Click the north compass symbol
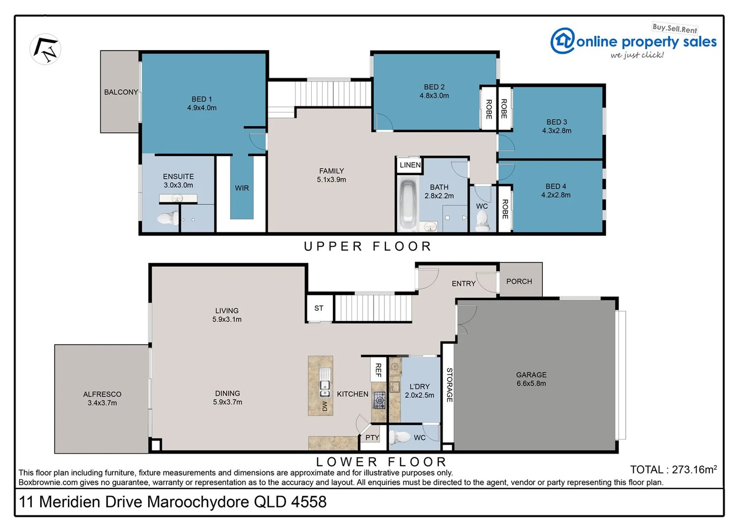pyautogui.click(x=45, y=49)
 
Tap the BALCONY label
pyautogui.click(x=121, y=92)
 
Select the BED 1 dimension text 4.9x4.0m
pyautogui.click(x=202, y=108)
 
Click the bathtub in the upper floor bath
pyautogui.click(x=407, y=205)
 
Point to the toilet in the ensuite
pyautogui.click(x=168, y=217)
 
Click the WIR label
pyautogui.click(x=241, y=188)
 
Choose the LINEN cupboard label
pyautogui.click(x=410, y=165)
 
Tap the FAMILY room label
pyautogui.click(x=331, y=171)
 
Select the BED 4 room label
pyautogui.click(x=556, y=186)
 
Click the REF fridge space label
pyautogui.click(x=378, y=370)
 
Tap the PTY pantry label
pyautogui.click(x=372, y=438)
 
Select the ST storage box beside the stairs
pyautogui.click(x=319, y=308)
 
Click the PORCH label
pyautogui.click(x=519, y=281)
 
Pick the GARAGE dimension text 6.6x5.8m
pyautogui.click(x=531, y=384)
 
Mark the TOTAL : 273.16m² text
pyautogui.click(x=673, y=470)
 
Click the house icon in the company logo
pyautogui.click(x=562, y=41)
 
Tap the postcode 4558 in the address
pyautogui.click(x=309, y=502)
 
